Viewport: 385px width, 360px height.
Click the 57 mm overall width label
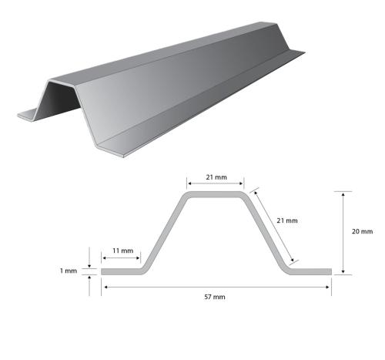(x=216, y=297)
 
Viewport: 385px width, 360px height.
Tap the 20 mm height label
(x=361, y=231)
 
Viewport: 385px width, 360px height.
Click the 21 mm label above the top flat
(x=216, y=177)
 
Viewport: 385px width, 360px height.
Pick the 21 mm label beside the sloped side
(x=286, y=221)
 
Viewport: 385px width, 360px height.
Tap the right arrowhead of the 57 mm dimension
(x=329, y=287)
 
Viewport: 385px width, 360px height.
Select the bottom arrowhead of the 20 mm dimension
(x=343, y=271)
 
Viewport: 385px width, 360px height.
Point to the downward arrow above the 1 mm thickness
(x=92, y=262)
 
